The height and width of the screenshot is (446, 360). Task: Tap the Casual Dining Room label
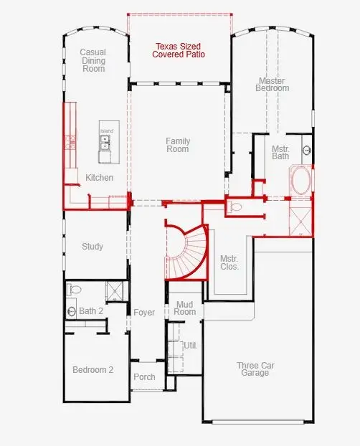[93, 60]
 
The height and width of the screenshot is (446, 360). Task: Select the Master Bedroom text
[273, 84]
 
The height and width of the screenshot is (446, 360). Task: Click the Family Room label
[177, 145]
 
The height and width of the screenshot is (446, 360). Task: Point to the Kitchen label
[99, 177]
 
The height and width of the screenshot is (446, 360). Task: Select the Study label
[92, 247]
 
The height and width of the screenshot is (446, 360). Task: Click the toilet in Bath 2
[73, 290]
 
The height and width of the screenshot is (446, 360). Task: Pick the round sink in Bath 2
[72, 311]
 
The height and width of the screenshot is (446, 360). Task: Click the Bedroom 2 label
[93, 370]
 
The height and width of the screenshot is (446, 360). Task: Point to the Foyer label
[144, 313]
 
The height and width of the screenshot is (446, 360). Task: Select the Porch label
[144, 377]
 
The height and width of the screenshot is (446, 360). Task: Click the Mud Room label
[185, 308]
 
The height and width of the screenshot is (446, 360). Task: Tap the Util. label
[190, 345]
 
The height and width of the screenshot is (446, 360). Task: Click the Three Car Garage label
[255, 369]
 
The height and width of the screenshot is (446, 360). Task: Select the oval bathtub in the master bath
[300, 180]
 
